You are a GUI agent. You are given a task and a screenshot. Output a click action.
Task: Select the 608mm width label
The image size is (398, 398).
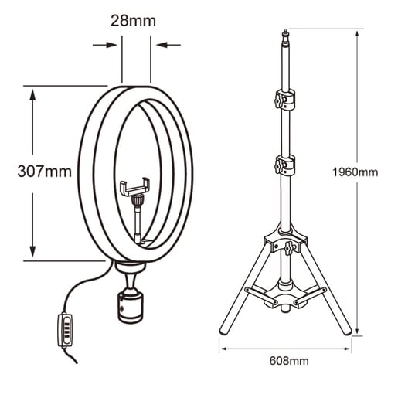286,360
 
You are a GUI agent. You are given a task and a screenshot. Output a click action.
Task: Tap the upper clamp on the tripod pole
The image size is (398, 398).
285,100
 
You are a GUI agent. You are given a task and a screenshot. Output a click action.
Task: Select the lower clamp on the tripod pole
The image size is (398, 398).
285,165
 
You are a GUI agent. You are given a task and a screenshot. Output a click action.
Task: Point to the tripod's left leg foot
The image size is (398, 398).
223,331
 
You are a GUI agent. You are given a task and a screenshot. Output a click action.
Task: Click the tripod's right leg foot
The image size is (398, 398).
349,331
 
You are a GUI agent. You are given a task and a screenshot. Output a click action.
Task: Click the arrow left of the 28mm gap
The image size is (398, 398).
108,45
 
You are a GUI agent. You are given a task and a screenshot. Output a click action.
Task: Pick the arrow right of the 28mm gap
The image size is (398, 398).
165,45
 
